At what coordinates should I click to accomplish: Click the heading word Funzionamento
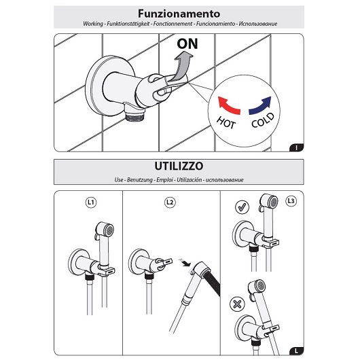tap(179, 14)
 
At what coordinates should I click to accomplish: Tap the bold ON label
tap(187, 44)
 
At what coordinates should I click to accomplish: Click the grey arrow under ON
tap(181, 67)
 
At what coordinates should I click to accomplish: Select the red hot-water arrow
tap(228, 105)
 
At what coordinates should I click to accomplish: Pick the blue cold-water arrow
tap(260, 105)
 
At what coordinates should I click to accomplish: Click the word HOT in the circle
tap(226, 122)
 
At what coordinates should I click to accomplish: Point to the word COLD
tap(263, 120)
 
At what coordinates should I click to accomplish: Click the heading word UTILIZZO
tap(179, 166)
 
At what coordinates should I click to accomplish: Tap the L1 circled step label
tap(91, 202)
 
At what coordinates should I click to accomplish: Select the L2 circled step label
tap(170, 202)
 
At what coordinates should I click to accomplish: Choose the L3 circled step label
tap(291, 201)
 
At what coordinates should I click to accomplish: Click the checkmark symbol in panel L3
tap(242, 208)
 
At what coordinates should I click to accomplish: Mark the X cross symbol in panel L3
tap(237, 305)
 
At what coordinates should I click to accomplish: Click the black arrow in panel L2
tap(185, 263)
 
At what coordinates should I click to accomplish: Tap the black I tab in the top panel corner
tap(296, 147)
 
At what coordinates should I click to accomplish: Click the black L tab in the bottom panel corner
tap(296, 351)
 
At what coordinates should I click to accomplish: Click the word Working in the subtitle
tap(93, 24)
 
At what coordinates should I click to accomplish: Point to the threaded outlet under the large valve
tap(135, 115)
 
